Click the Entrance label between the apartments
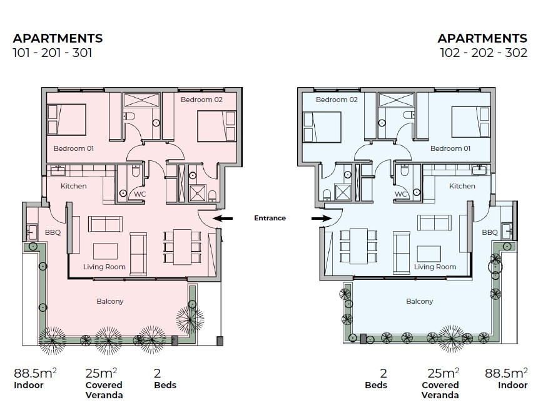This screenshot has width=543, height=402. [x=270, y=218]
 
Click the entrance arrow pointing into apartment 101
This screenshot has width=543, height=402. [x=222, y=219]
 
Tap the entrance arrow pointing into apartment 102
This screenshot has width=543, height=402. [x=322, y=219]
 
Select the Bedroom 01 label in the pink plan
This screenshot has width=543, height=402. [x=74, y=148]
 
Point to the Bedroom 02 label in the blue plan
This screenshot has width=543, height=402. [x=337, y=100]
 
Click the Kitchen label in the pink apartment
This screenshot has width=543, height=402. [x=74, y=186]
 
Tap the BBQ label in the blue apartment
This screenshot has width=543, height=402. [x=490, y=232]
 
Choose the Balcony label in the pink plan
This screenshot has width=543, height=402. [x=109, y=302]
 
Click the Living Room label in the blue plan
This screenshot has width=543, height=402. [x=435, y=267]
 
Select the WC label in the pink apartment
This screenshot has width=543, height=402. [x=140, y=194]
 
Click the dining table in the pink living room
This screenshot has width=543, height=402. [x=182, y=247]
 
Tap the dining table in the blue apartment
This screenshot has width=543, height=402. [x=358, y=245]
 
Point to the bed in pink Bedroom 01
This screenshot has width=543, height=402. [x=66, y=120]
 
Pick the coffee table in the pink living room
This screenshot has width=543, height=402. [x=105, y=251]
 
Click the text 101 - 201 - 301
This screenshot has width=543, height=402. [x=53, y=53]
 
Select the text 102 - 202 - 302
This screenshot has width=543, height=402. [x=484, y=53]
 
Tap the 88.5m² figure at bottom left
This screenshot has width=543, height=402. [x=35, y=373]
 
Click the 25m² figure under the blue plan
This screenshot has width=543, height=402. [x=444, y=373]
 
